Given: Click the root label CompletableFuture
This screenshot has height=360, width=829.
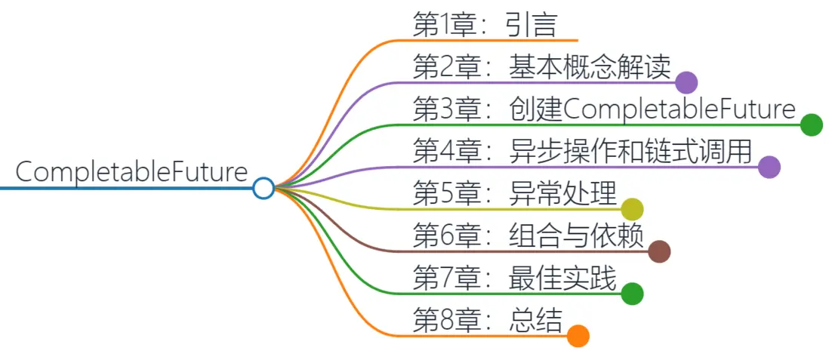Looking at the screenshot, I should click(131, 173).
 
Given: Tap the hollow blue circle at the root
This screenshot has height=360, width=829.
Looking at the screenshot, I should click(263, 188).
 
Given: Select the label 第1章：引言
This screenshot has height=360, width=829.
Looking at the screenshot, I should click(485, 25).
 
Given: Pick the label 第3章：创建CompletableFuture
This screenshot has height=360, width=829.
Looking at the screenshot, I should click(604, 110).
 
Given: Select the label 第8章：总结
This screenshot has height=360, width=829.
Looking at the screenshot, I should click(488, 321).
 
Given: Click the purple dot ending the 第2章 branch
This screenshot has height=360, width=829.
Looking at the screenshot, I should click(686, 82).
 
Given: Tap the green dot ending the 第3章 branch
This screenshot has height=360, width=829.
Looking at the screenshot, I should click(811, 125).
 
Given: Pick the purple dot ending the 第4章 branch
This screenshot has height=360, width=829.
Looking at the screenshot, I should click(769, 167).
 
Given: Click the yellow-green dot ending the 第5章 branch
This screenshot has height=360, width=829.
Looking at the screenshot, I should click(632, 209).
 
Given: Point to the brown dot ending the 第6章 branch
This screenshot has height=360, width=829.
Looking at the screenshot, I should click(659, 251).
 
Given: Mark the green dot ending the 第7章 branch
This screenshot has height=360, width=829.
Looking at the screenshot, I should click(632, 294).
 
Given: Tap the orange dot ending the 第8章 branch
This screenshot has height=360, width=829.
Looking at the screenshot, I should click(578, 336).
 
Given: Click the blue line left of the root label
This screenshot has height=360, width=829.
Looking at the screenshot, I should click(8, 188).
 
